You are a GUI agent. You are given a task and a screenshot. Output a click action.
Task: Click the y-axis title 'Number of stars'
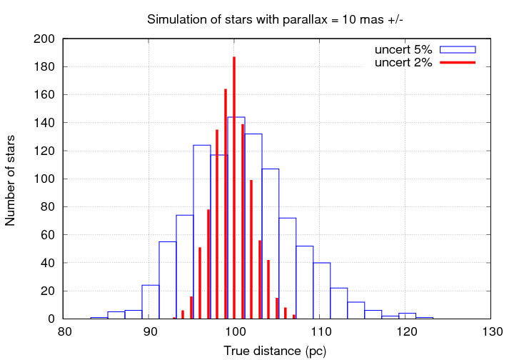click(11, 179)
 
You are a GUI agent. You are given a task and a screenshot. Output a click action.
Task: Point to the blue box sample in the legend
click(457, 49)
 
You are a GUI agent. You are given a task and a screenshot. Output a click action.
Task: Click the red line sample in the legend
click(457, 63)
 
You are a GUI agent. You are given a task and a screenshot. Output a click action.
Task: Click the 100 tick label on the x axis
click(236, 332)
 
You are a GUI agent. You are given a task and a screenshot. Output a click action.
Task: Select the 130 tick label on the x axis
click(492, 332)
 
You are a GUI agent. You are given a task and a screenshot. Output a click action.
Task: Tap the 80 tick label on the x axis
click(64, 332)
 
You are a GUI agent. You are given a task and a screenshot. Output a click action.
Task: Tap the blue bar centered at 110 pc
click(321, 291)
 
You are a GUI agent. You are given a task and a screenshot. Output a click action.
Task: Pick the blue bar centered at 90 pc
click(151, 302)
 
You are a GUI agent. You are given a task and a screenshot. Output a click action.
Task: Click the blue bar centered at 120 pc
click(407, 316)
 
